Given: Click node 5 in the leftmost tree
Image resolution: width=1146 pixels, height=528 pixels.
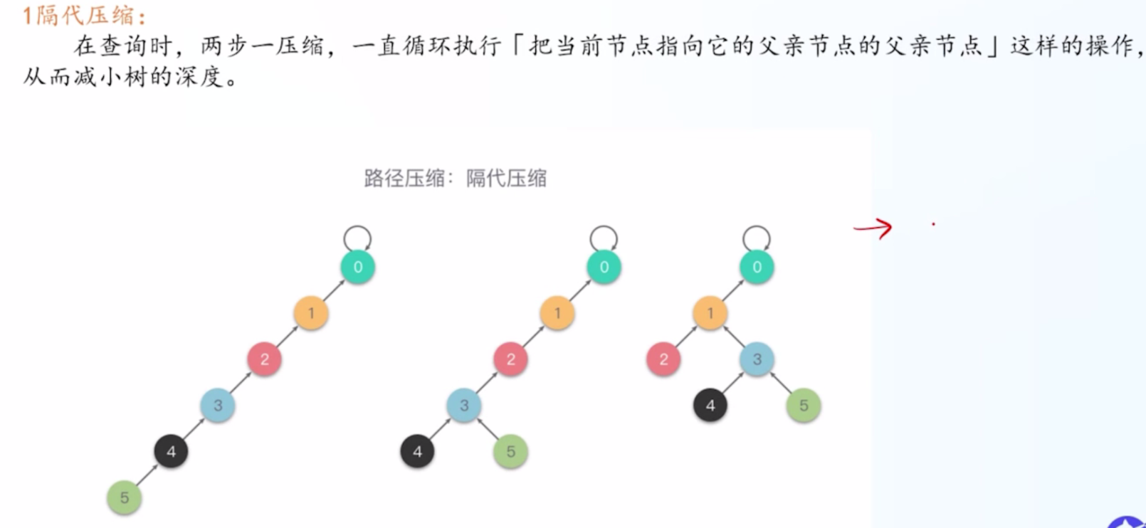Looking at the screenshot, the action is (125, 497).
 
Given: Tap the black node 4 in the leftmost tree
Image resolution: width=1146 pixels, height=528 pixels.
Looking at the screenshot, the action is (171, 451).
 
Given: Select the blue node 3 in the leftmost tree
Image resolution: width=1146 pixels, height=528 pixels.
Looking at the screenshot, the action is (218, 405).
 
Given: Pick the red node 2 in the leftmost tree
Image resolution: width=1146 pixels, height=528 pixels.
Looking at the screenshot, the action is (265, 359).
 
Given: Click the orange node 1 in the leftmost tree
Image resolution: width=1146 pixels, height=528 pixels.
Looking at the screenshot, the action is (311, 313).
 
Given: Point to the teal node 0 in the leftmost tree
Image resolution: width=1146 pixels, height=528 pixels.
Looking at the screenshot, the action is (358, 267).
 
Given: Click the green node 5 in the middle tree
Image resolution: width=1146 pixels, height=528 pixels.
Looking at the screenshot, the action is (510, 451).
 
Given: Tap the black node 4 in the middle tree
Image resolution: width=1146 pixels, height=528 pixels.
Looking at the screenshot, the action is (417, 451).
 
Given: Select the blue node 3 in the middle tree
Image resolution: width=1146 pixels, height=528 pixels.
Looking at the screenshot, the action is (464, 405).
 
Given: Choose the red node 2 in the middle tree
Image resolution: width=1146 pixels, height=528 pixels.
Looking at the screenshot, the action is (510, 359).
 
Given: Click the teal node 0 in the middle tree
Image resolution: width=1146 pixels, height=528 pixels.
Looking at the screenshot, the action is (604, 267).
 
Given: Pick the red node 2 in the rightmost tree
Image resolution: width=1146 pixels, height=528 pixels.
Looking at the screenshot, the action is (663, 359).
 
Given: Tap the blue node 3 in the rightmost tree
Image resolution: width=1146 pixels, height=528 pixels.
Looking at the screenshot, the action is (757, 359).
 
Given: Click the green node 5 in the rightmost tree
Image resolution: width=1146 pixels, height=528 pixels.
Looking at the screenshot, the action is (804, 405).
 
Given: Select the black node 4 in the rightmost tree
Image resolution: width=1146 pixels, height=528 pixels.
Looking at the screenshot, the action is (710, 405).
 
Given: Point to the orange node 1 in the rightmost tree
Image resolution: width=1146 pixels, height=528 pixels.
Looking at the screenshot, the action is (710, 313).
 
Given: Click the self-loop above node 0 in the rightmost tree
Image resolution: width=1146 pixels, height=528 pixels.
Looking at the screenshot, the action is (757, 227).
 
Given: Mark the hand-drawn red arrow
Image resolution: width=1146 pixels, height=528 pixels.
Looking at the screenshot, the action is (873, 228).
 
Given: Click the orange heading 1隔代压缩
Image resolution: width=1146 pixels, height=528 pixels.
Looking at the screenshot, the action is (84, 16).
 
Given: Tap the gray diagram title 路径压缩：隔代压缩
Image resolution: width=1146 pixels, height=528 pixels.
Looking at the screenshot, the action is (456, 179).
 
